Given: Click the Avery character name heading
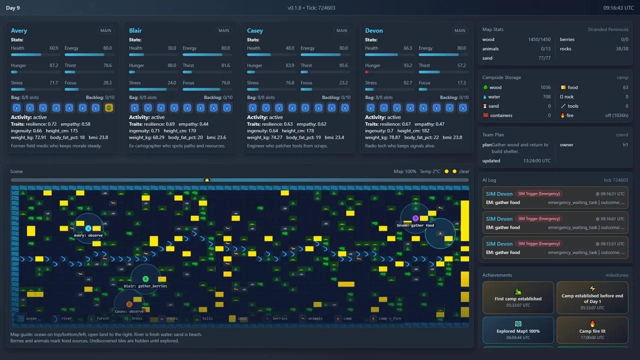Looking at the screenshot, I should point(19,30).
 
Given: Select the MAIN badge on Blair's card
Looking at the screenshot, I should point(223,30).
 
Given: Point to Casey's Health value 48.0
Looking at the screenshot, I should point(289,48).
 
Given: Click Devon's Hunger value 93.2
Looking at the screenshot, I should point(407,65).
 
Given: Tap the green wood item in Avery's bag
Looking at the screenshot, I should point(108,107).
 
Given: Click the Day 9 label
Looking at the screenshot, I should point(12,7).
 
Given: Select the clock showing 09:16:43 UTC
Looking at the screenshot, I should point(618,7).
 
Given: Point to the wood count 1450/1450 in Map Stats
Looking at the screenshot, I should point(539,39).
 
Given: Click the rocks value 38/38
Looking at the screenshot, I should point(622,49).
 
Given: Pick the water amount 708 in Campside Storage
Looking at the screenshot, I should point(546,97).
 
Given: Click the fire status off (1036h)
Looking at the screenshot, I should point(614,115).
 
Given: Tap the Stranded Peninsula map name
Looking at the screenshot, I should point(608,29).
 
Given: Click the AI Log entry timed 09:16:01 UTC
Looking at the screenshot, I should point(555,223).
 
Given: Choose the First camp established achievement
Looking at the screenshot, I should point(518,297).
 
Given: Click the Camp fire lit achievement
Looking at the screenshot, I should point(592,329).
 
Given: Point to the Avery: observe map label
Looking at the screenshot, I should point(88,235).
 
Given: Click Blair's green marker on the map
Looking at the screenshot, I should point(145,279).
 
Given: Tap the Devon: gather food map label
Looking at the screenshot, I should point(415,225).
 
